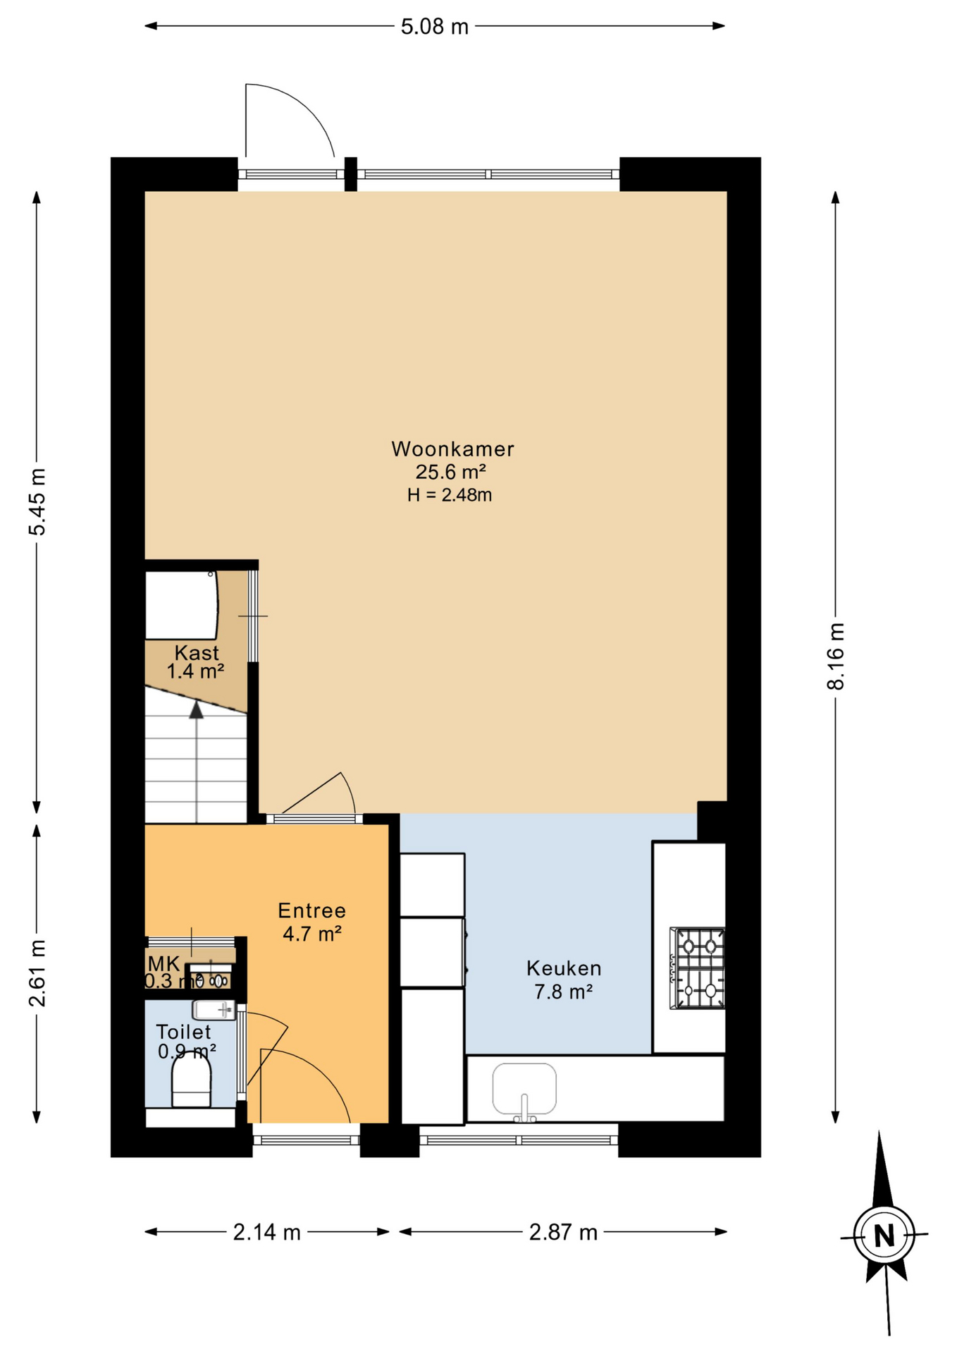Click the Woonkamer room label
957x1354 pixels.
(x=452, y=449)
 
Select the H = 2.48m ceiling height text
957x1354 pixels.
(x=450, y=495)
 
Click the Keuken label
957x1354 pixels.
(x=564, y=968)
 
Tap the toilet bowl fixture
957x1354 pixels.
(x=191, y=1084)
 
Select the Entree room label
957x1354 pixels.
(x=311, y=910)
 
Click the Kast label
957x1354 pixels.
(x=197, y=652)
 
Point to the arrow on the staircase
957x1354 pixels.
(x=197, y=711)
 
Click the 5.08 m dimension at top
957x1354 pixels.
(x=434, y=27)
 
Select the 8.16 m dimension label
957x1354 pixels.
(x=835, y=656)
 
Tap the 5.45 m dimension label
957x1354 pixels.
(x=37, y=501)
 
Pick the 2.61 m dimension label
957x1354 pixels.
(x=37, y=973)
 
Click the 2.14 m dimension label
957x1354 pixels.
(x=266, y=1232)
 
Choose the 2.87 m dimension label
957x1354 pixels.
(x=563, y=1232)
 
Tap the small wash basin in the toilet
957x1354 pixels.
(x=214, y=1010)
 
